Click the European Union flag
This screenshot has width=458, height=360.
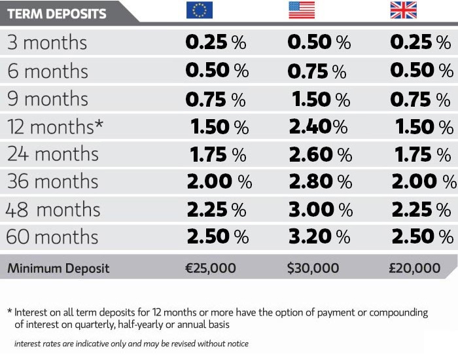click(199, 10)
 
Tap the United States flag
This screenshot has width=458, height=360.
click(302, 10)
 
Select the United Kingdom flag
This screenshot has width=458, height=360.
click(404, 10)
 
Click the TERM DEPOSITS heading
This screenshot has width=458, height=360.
click(56, 12)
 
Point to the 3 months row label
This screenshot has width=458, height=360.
click(46, 43)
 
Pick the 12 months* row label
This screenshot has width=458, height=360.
click(55, 126)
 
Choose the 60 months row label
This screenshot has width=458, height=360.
click(52, 237)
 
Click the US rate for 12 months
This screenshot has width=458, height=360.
click(319, 127)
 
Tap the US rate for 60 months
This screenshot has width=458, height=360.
click(320, 238)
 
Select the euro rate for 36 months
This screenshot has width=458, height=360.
click(219, 182)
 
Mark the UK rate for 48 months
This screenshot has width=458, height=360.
click(421, 210)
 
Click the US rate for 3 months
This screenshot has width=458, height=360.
click(319, 43)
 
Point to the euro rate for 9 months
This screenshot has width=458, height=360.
click(216, 99)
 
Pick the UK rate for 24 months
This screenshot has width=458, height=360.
click(421, 154)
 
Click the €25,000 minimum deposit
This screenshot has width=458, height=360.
click(210, 268)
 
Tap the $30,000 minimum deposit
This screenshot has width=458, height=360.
click(313, 268)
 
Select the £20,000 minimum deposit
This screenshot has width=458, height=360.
click(415, 268)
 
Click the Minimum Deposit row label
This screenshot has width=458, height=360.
click(58, 268)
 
